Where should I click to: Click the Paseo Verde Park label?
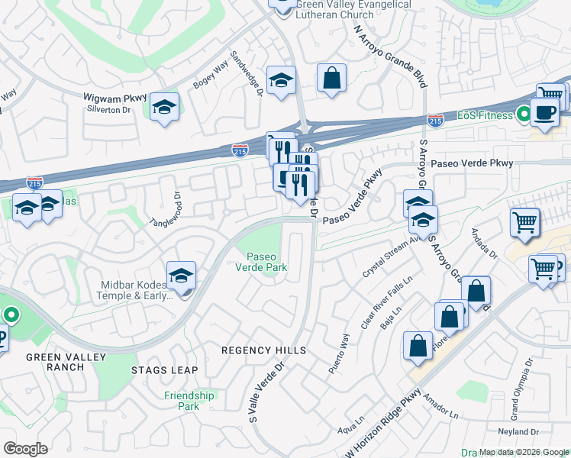pyautogui.click(x=266, y=261)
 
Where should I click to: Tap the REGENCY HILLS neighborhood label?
pyautogui.click(x=263, y=350)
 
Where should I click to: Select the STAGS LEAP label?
pyautogui.click(x=164, y=370)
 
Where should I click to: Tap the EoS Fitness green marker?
pyautogui.click(x=523, y=115)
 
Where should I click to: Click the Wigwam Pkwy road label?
pyautogui.click(x=115, y=97)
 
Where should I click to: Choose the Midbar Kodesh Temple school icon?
pyautogui.click(x=182, y=276)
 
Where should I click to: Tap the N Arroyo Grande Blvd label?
pyautogui.click(x=389, y=54)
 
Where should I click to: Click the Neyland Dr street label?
pyautogui.click(x=539, y=431)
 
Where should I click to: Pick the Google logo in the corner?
pyautogui.click(x=25, y=448)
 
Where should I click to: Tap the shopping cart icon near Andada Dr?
pyautogui.click(x=524, y=223)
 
